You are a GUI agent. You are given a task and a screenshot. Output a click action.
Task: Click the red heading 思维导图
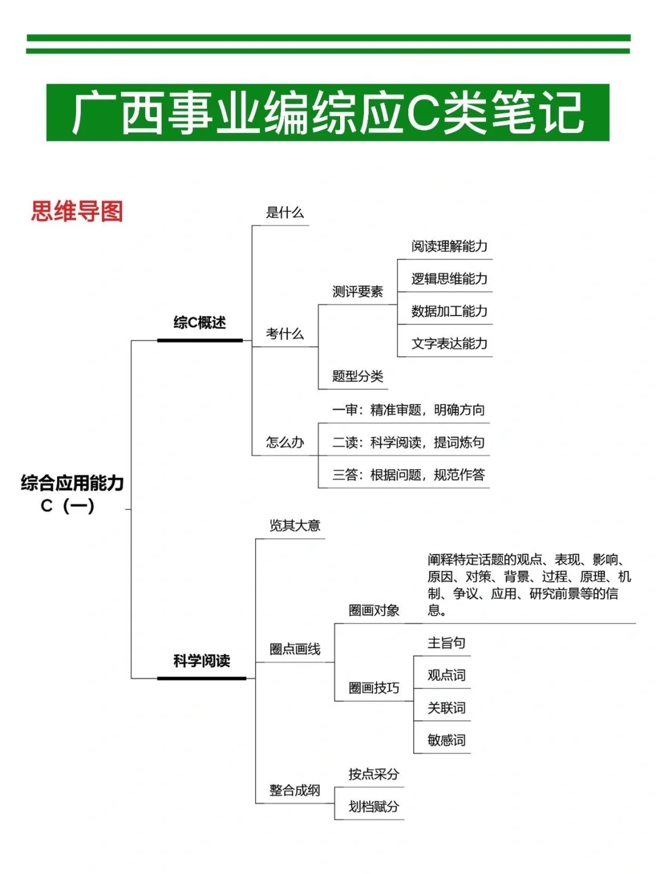tap(77, 212)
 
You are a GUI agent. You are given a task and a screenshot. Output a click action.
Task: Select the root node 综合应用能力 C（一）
tap(72, 493)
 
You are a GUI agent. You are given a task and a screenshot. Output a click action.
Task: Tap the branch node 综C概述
tap(199, 323)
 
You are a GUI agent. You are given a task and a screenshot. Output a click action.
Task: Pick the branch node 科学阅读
tap(201, 660)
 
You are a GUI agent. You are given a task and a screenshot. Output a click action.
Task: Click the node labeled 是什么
tap(284, 212)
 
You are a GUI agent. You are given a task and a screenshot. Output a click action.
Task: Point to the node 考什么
tap(284, 334)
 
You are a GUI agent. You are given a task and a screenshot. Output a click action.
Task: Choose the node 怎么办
tap(284, 442)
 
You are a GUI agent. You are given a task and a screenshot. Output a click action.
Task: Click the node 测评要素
tap(357, 292)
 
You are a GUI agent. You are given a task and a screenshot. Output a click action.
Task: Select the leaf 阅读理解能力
tap(449, 246)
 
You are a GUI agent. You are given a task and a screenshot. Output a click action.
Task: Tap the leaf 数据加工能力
tap(449, 311)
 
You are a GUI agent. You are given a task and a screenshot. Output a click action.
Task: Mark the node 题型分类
tap(357, 376)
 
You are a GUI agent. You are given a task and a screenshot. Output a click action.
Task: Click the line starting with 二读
tap(408, 442)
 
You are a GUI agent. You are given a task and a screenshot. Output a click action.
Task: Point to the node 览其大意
tap(295, 526)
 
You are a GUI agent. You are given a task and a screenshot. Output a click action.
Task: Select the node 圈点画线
tap(295, 649)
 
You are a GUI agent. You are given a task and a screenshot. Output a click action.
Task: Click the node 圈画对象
tap(374, 611)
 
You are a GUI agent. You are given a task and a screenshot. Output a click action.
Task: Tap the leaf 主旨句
tap(446, 643)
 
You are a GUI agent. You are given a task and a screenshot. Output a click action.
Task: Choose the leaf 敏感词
tap(446, 740)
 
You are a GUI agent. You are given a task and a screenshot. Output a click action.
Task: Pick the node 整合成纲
tap(295, 790)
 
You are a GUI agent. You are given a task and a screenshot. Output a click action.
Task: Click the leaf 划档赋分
tap(374, 807)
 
